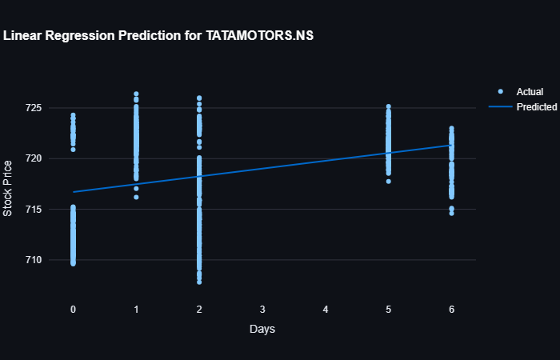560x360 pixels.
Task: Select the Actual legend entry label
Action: point(530,92)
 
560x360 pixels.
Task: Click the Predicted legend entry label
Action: point(536,106)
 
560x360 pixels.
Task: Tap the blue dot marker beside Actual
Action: point(501,92)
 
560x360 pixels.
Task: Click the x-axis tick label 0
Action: point(73,309)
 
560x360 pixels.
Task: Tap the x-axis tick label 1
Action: point(136,309)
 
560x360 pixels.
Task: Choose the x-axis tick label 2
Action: point(199,309)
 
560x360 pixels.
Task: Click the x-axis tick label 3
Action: point(262,309)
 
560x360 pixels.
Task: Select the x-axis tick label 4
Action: point(326,309)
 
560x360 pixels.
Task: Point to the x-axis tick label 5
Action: point(389,309)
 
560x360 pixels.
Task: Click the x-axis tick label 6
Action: point(452,309)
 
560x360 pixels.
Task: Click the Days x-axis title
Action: point(262,329)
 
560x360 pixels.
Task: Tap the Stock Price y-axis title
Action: point(8,188)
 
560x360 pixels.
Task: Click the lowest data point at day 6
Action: point(451,213)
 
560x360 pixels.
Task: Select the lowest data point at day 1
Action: point(136,197)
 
